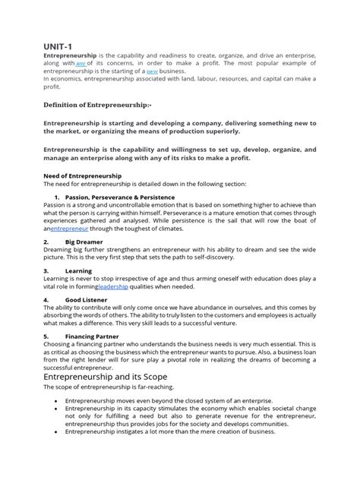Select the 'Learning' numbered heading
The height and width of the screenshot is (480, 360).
click(x=78, y=270)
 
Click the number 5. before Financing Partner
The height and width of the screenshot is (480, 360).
click(x=46, y=335)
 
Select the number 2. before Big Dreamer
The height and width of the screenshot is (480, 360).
click(x=46, y=242)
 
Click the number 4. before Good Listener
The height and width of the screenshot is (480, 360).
click(x=46, y=300)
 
